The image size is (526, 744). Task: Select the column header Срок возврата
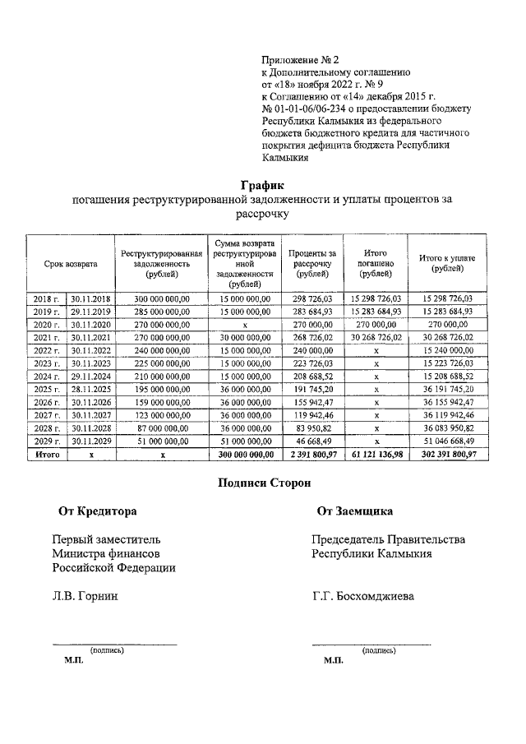(71, 264)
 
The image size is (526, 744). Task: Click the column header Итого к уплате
(447, 264)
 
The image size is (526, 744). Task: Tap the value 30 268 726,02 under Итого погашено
(376, 338)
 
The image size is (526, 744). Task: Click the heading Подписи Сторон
(263, 483)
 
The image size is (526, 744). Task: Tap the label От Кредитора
(97, 511)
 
